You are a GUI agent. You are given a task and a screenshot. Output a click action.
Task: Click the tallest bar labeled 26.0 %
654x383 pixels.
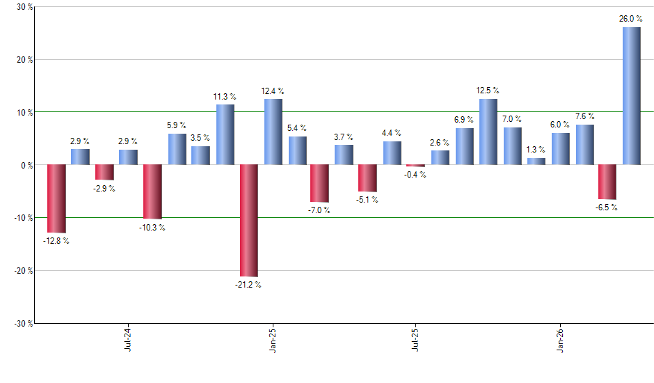(632, 96)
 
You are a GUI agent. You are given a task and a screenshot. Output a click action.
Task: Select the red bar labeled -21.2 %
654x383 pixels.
(249, 220)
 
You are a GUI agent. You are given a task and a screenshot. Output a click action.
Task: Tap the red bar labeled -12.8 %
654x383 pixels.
(56, 198)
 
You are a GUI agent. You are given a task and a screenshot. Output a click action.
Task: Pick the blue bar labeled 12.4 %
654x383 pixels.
(273, 132)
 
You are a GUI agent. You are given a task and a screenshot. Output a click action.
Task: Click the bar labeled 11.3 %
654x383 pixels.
(225, 134)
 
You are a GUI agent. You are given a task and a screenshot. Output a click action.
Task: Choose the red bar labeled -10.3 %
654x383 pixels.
(152, 191)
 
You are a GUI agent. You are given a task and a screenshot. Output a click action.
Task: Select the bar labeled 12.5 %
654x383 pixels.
(488, 132)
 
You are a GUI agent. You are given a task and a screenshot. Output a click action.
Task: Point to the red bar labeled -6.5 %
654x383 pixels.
(607, 182)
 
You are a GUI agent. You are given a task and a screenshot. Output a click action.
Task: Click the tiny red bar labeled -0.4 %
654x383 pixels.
(416, 166)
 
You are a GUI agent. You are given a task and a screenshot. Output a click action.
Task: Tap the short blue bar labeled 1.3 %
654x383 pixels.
(536, 162)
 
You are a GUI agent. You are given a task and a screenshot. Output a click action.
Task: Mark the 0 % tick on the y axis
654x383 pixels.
(26, 165)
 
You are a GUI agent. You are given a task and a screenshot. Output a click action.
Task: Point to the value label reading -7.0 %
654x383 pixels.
(320, 210)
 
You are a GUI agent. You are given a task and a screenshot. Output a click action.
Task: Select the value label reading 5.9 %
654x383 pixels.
(177, 125)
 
